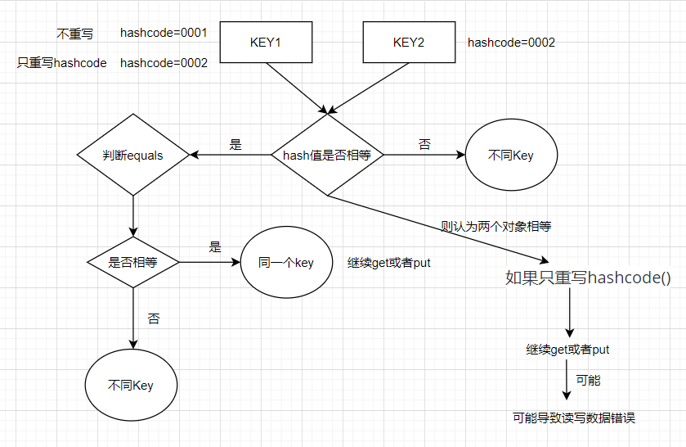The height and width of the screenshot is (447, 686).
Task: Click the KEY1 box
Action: pyautogui.click(x=265, y=42)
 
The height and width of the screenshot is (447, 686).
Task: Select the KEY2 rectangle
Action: pyautogui.click(x=408, y=42)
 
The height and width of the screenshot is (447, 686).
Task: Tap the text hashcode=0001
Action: pyautogui.click(x=164, y=34)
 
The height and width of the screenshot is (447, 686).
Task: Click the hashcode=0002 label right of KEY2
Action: pyautogui.click(x=511, y=43)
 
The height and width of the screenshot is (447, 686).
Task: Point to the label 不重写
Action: pyautogui.click(x=74, y=34)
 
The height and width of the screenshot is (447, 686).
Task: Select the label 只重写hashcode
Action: pyautogui.click(x=62, y=63)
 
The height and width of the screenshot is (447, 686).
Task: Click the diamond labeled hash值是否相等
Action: pyautogui.click(x=327, y=155)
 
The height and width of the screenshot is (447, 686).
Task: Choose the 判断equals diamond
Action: pyautogui.click(x=132, y=155)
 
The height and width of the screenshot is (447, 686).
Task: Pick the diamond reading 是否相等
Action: pyautogui.click(x=132, y=262)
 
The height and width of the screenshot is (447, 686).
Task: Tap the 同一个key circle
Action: pyautogui.click(x=286, y=263)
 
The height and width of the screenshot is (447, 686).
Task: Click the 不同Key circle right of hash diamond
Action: pyautogui.click(x=510, y=155)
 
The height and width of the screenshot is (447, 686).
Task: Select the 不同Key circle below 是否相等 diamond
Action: pyautogui.click(x=131, y=385)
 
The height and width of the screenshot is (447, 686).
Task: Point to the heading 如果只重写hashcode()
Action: pyautogui.click(x=588, y=278)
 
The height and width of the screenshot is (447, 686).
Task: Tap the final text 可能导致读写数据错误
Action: pyautogui.click(x=573, y=418)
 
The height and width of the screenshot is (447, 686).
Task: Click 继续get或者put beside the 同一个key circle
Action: pyautogui.click(x=389, y=263)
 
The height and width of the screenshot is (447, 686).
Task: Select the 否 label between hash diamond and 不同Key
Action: pyautogui.click(x=424, y=145)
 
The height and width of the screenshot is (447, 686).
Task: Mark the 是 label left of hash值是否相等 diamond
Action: pyautogui.click(x=235, y=145)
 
